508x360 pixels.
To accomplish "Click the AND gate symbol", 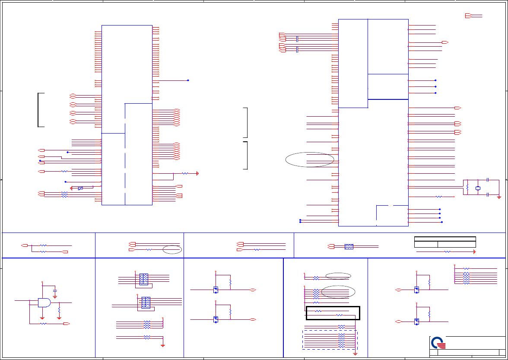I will point(44,302).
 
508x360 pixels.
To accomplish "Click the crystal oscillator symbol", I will point(478,188).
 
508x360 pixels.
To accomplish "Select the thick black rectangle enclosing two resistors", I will point(333,313).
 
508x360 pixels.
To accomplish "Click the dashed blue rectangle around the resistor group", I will point(330,340).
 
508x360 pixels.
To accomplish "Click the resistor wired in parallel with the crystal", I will point(467,188).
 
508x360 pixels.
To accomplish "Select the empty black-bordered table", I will point(445,242).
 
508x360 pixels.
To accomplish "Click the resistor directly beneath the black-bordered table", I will point(448,251).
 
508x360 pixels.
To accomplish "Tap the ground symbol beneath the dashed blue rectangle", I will point(355,354).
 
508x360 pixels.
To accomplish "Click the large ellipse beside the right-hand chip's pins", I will point(310,159).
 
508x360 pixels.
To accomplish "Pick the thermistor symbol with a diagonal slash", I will point(80,188).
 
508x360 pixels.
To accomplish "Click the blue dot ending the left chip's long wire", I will point(188,80).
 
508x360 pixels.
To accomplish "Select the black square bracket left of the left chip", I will point(41,110).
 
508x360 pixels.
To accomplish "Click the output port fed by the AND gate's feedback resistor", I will point(66,323).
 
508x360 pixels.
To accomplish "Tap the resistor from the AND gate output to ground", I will point(59,310).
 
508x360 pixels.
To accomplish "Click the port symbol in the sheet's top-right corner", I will point(468,16).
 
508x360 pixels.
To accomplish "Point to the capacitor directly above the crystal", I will point(487,180).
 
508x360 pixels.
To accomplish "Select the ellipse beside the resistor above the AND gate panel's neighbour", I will point(172,249).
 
